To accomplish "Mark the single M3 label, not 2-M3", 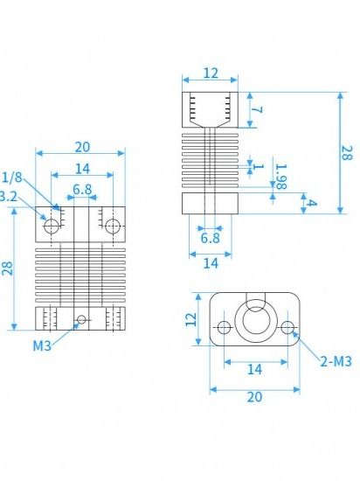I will coord(43,345).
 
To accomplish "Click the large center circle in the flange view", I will coord(256,321).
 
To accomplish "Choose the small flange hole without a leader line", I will coord(224,328).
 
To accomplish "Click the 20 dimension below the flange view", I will coord(254,397).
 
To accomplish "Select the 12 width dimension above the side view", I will coord(210,73).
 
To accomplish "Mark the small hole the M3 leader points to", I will coord(81,319).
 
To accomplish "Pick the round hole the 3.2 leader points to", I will coord(52,226).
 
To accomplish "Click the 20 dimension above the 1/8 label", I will coord(81,146).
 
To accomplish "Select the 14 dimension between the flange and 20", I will coord(254,370).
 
